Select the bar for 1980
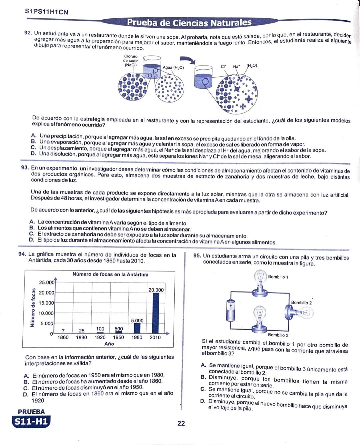(137, 328)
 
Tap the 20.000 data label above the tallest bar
(156, 290)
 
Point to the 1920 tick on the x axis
(100, 337)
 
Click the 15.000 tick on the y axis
(46, 303)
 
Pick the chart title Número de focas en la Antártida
(110, 275)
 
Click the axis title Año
(109, 344)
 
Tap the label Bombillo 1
(278, 277)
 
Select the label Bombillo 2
(301, 303)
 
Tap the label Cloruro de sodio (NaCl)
(131, 61)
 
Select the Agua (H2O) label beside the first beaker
(173, 67)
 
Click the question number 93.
(25, 167)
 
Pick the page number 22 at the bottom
(181, 423)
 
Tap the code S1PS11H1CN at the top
(47, 12)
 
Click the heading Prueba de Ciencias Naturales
(189, 23)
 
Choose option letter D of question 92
(33, 154)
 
